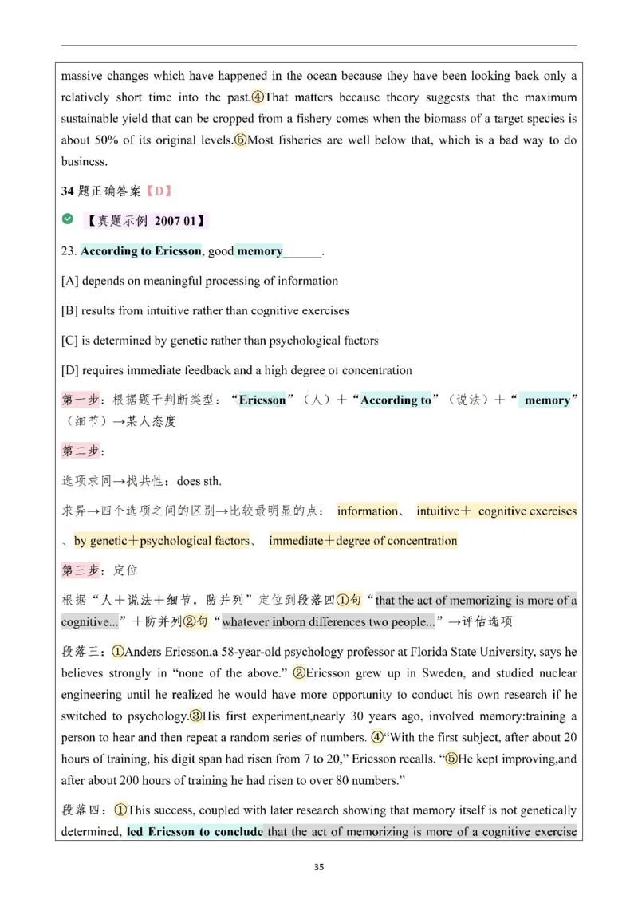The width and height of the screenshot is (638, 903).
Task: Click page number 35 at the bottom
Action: (x=319, y=868)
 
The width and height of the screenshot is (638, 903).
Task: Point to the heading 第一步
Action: (x=81, y=400)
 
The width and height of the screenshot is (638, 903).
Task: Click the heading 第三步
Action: (x=81, y=570)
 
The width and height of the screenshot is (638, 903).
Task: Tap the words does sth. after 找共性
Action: (x=199, y=481)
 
